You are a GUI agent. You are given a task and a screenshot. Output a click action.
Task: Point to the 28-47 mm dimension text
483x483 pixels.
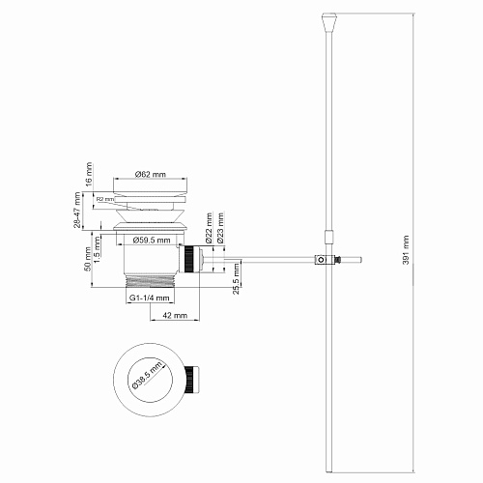(x=77, y=208)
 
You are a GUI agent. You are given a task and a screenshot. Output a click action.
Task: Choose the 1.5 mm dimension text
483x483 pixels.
(x=99, y=249)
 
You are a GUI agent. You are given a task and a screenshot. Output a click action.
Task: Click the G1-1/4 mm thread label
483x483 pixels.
(x=148, y=298)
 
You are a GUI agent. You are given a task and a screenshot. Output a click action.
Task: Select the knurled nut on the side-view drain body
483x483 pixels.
(x=190, y=259)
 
